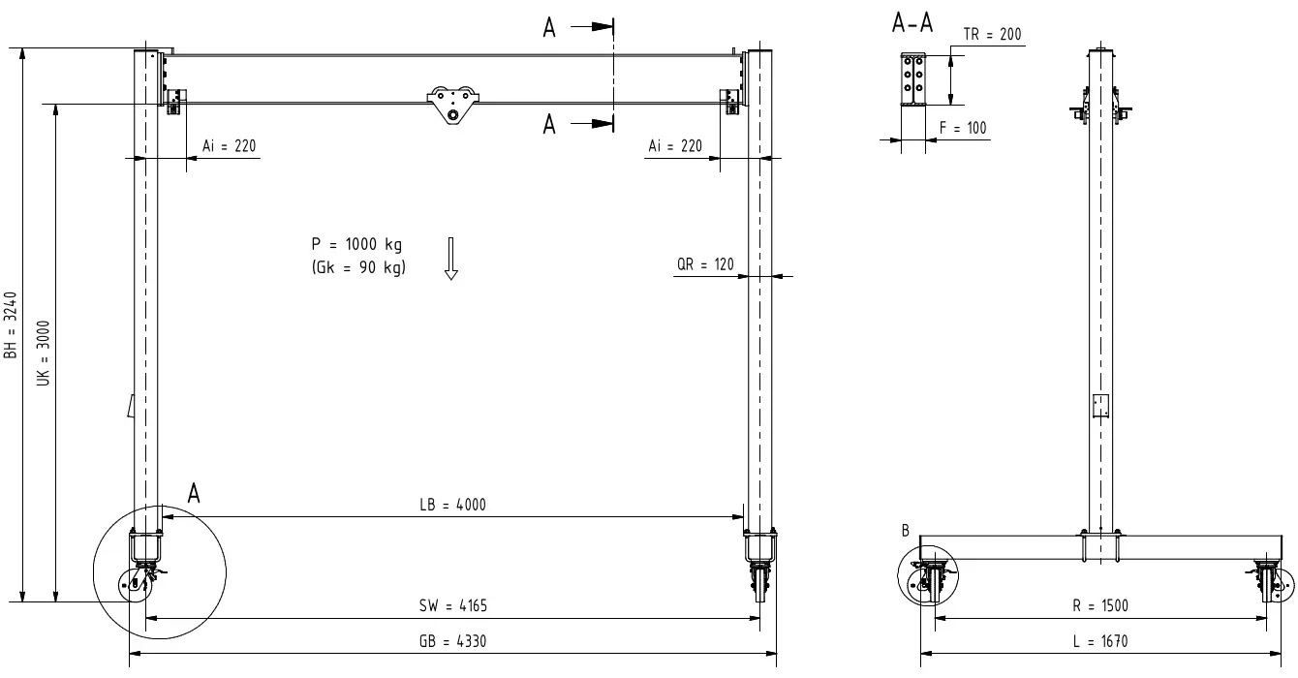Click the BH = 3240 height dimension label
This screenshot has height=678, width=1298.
pos(11,325)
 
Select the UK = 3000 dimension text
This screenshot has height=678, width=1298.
pos(44,354)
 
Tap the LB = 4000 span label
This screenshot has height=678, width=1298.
pos(452,505)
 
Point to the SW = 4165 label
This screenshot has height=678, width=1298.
pos(452,606)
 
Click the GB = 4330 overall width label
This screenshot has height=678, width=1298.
pos(452,641)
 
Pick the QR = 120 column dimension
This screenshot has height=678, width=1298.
pos(705,264)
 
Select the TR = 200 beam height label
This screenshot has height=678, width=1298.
pos(992,34)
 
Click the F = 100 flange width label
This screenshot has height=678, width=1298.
pos(963,128)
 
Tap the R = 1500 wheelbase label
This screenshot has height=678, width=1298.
pos(1099,606)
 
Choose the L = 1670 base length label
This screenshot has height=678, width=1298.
pos(1099,641)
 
